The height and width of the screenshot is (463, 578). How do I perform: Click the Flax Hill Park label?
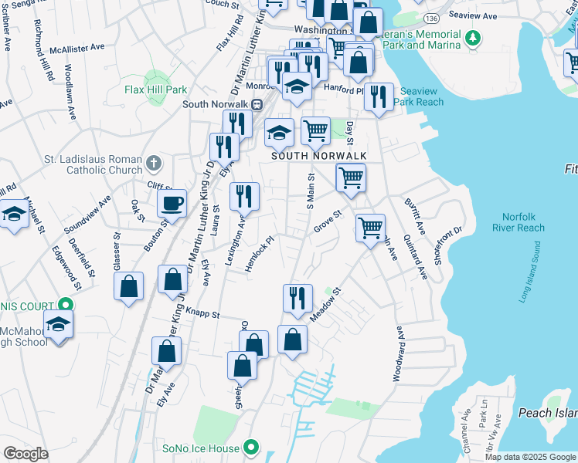click(x=155, y=90)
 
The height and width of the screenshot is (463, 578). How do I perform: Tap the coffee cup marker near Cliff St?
click(x=172, y=204)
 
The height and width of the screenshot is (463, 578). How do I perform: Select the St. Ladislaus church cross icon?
click(x=154, y=163)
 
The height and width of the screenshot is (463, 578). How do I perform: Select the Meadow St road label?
click(x=326, y=307)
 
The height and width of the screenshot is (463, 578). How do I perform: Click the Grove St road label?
click(x=328, y=222)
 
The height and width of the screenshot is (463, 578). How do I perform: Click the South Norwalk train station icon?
click(x=257, y=105)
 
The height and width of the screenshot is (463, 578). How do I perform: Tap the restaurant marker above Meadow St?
click(x=297, y=298)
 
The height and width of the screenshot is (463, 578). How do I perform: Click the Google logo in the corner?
click(x=25, y=454)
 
